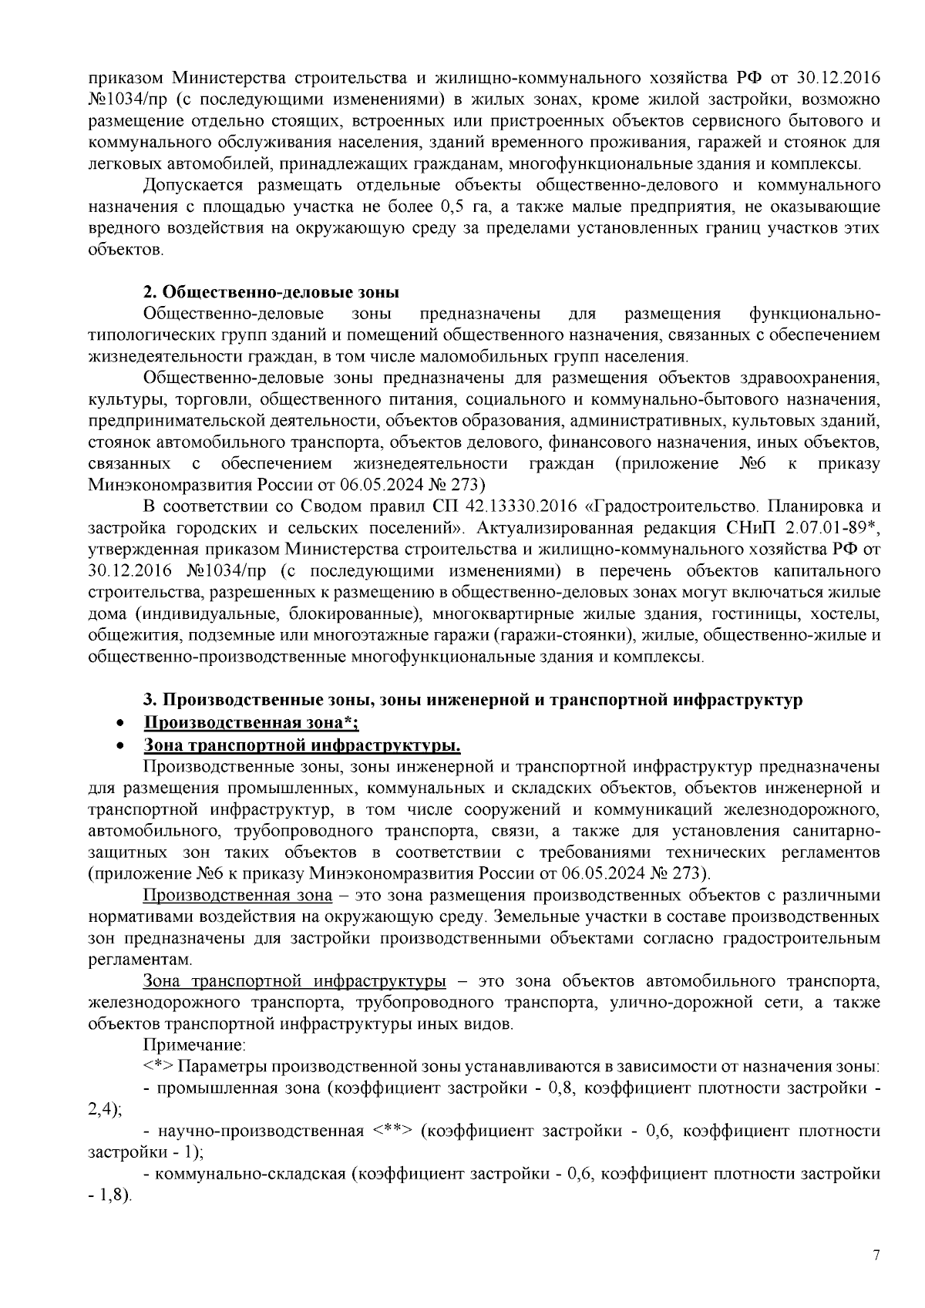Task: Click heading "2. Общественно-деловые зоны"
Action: [271, 292]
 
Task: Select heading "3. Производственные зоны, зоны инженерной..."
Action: [473, 700]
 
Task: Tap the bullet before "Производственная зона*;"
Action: [119, 724]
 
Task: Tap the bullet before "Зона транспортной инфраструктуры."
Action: [119, 746]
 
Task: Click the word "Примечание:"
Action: [194, 1046]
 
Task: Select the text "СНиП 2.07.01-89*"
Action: [817, 528]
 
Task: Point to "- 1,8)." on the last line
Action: [110, 1197]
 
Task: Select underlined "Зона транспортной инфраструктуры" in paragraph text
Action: [294, 981]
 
